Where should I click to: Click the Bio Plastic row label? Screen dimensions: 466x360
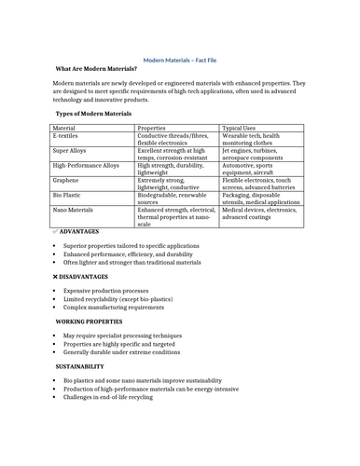tap(70, 195)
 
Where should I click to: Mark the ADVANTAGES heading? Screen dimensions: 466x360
tap(79, 230)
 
